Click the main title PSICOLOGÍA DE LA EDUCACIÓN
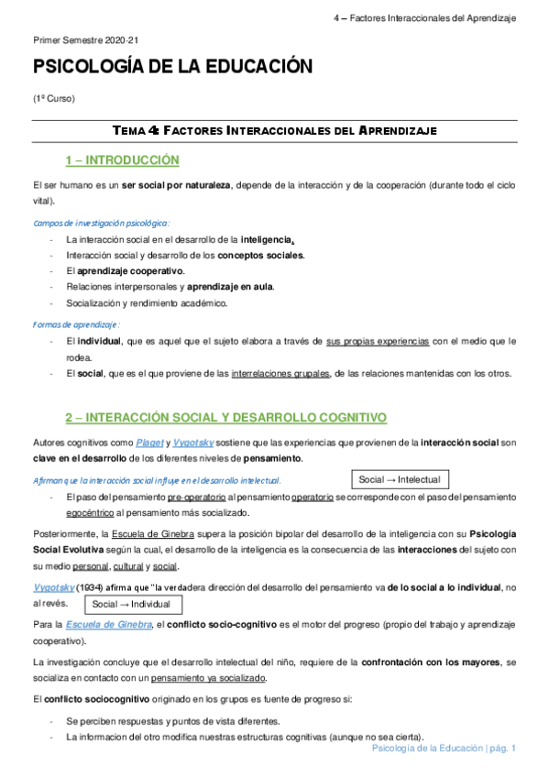173,67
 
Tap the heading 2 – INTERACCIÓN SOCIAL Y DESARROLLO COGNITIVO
225,417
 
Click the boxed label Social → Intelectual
400,479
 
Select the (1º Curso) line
53,98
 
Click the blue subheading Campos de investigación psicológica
101,223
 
